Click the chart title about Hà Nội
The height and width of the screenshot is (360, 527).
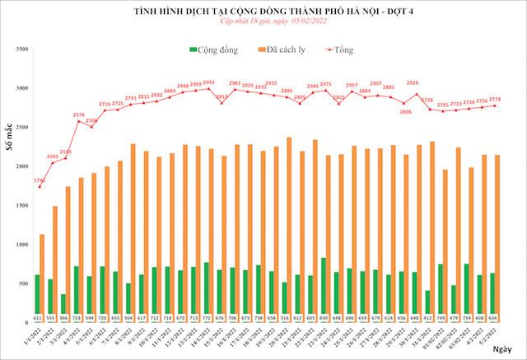click(263, 12)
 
